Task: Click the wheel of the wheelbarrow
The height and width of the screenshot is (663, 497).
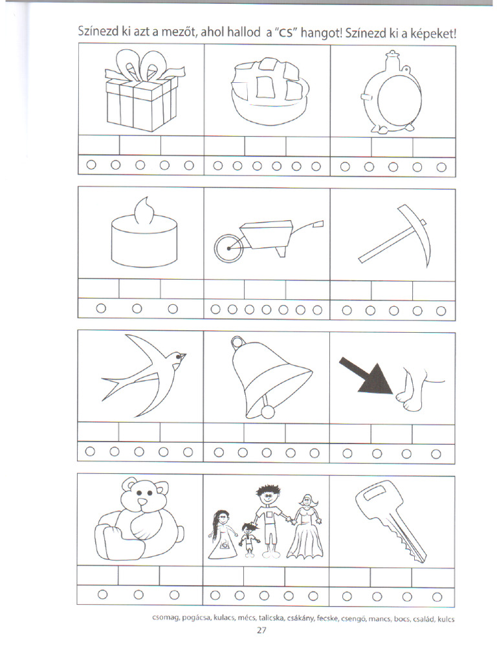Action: point(227,248)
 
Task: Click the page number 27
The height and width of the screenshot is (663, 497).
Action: point(261,631)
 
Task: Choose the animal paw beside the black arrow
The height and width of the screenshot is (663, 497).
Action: point(409,395)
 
